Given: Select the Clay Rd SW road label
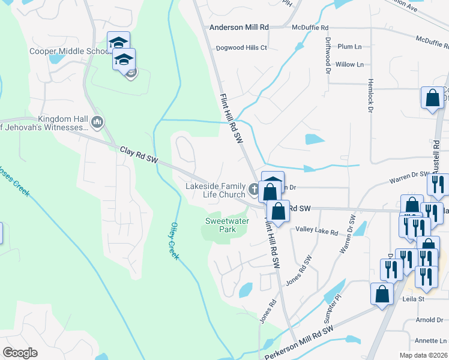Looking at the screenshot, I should (139, 154).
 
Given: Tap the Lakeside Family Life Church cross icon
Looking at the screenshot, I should (253, 191).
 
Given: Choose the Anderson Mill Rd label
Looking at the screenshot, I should (239, 28).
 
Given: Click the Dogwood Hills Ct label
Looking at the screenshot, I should (241, 47).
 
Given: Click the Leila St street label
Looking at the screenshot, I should (412, 298).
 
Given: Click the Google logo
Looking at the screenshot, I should (20, 353).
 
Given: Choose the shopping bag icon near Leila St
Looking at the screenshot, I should (382, 294).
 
